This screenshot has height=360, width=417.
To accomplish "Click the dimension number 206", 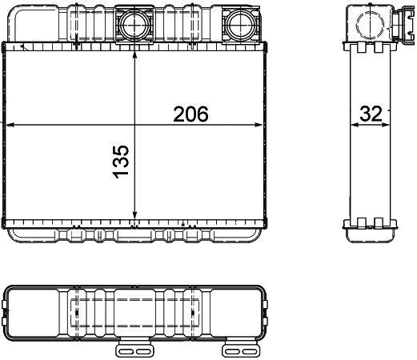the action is pos(190,114).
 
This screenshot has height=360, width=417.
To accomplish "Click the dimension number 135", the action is pos(121,162).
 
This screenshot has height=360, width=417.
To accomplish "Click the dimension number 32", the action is pos(371,114).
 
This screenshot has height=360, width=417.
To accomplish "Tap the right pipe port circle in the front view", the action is pos(241,24).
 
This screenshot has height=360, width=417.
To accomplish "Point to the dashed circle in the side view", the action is pos(370,24).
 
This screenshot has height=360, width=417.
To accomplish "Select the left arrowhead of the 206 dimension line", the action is pos(10,125).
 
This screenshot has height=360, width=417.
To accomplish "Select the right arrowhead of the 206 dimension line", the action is pos(258,125).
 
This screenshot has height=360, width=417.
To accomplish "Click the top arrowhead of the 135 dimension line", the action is pos(134,54).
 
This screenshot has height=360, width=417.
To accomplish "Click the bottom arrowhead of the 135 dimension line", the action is pos(134,214).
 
